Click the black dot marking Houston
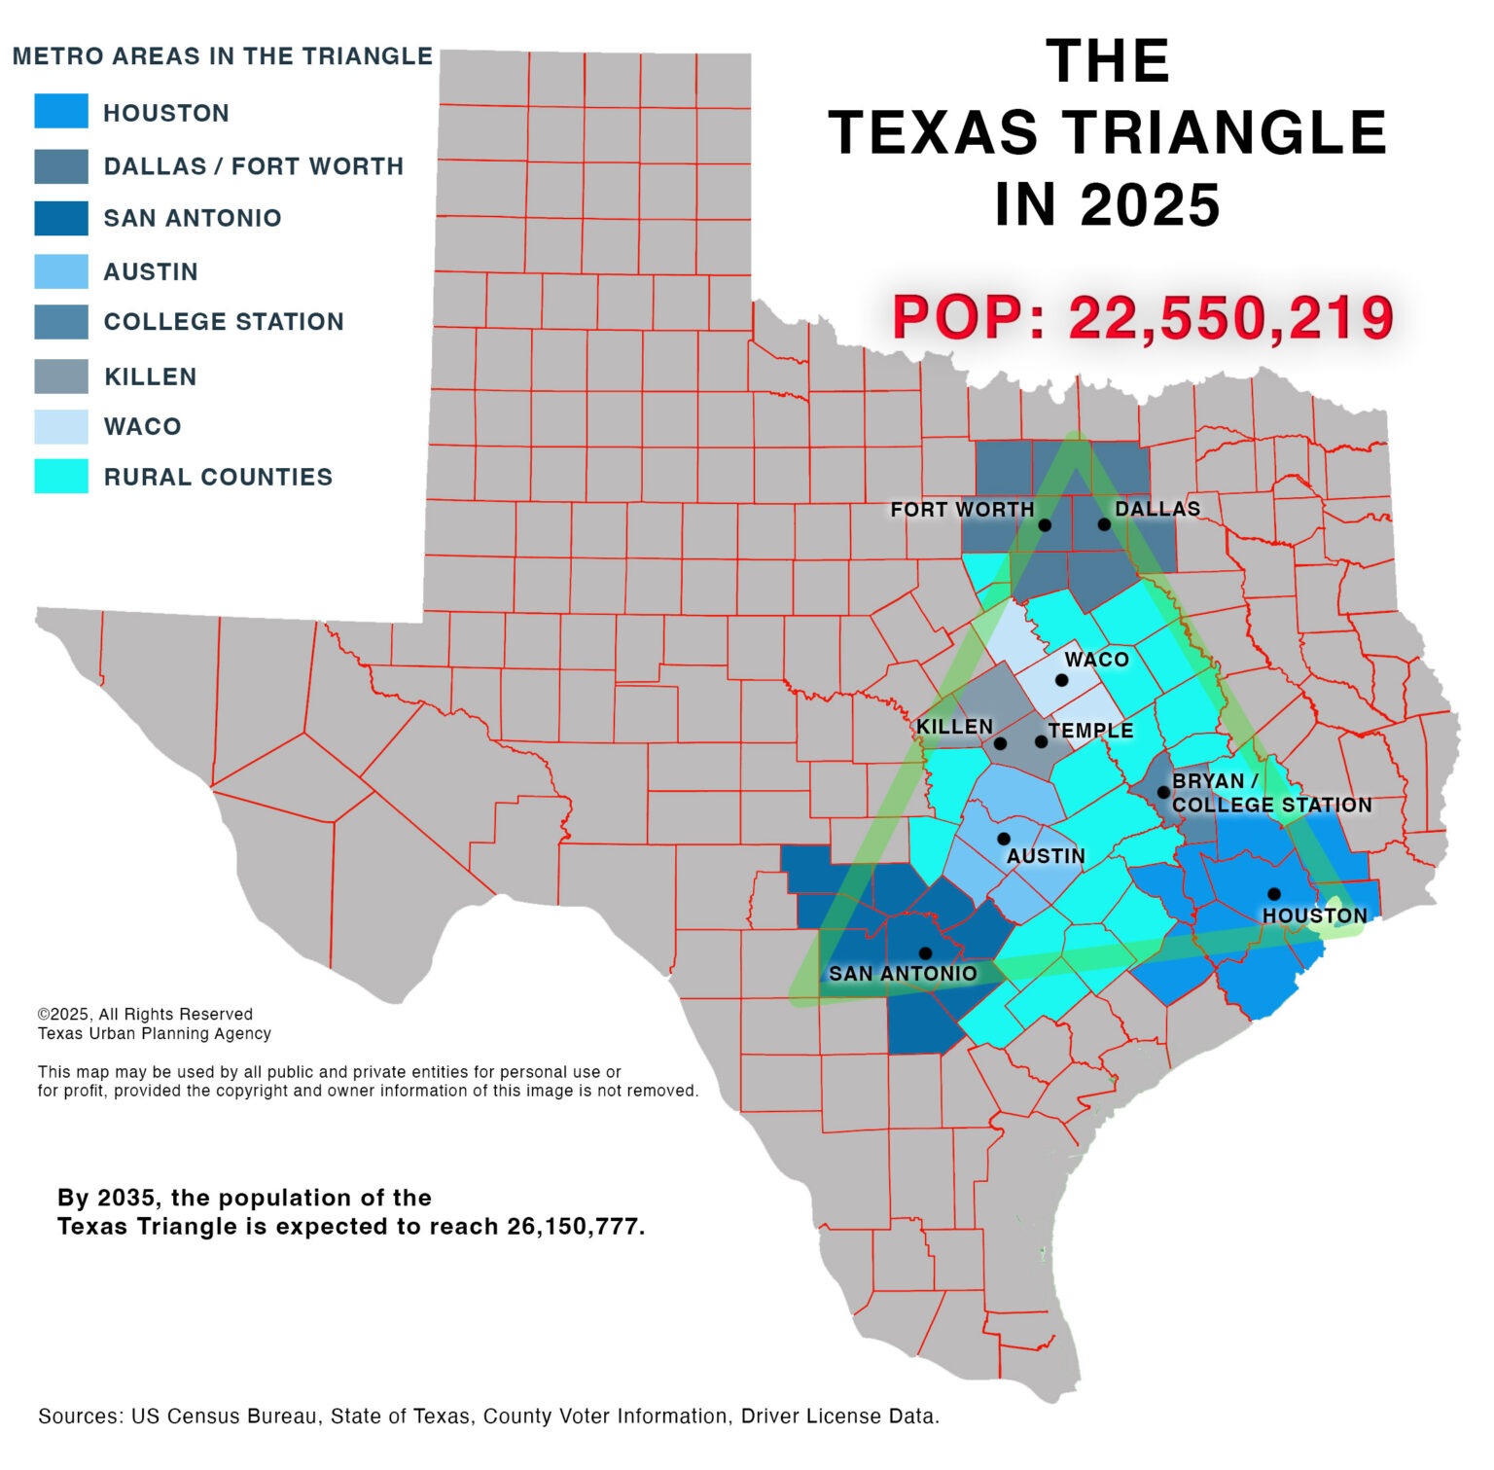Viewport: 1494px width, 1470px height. click(x=1273, y=893)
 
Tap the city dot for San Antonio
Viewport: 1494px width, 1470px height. click(x=925, y=952)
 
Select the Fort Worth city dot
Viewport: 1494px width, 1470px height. click(x=1045, y=524)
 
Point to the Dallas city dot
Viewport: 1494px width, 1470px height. click(x=1104, y=523)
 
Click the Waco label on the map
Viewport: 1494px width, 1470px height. click(x=1096, y=659)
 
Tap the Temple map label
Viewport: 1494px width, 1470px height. click(x=1090, y=731)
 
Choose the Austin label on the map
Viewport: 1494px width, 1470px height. click(x=1046, y=856)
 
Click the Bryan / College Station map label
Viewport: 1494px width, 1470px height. click(x=1270, y=793)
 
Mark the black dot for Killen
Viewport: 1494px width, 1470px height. click(x=1000, y=743)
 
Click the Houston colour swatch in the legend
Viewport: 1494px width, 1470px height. click(x=61, y=111)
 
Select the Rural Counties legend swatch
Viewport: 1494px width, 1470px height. click(x=61, y=476)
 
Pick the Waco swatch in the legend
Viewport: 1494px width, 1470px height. click(x=61, y=426)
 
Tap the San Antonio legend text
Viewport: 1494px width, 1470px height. click(x=193, y=218)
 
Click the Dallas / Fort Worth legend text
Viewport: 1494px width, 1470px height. click(x=253, y=166)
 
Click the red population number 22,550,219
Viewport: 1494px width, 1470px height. click(x=1230, y=318)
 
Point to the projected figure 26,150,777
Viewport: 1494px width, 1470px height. click(x=573, y=1226)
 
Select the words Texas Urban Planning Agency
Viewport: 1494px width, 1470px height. click(x=155, y=1033)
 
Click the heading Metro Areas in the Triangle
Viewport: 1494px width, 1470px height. click(x=222, y=56)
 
